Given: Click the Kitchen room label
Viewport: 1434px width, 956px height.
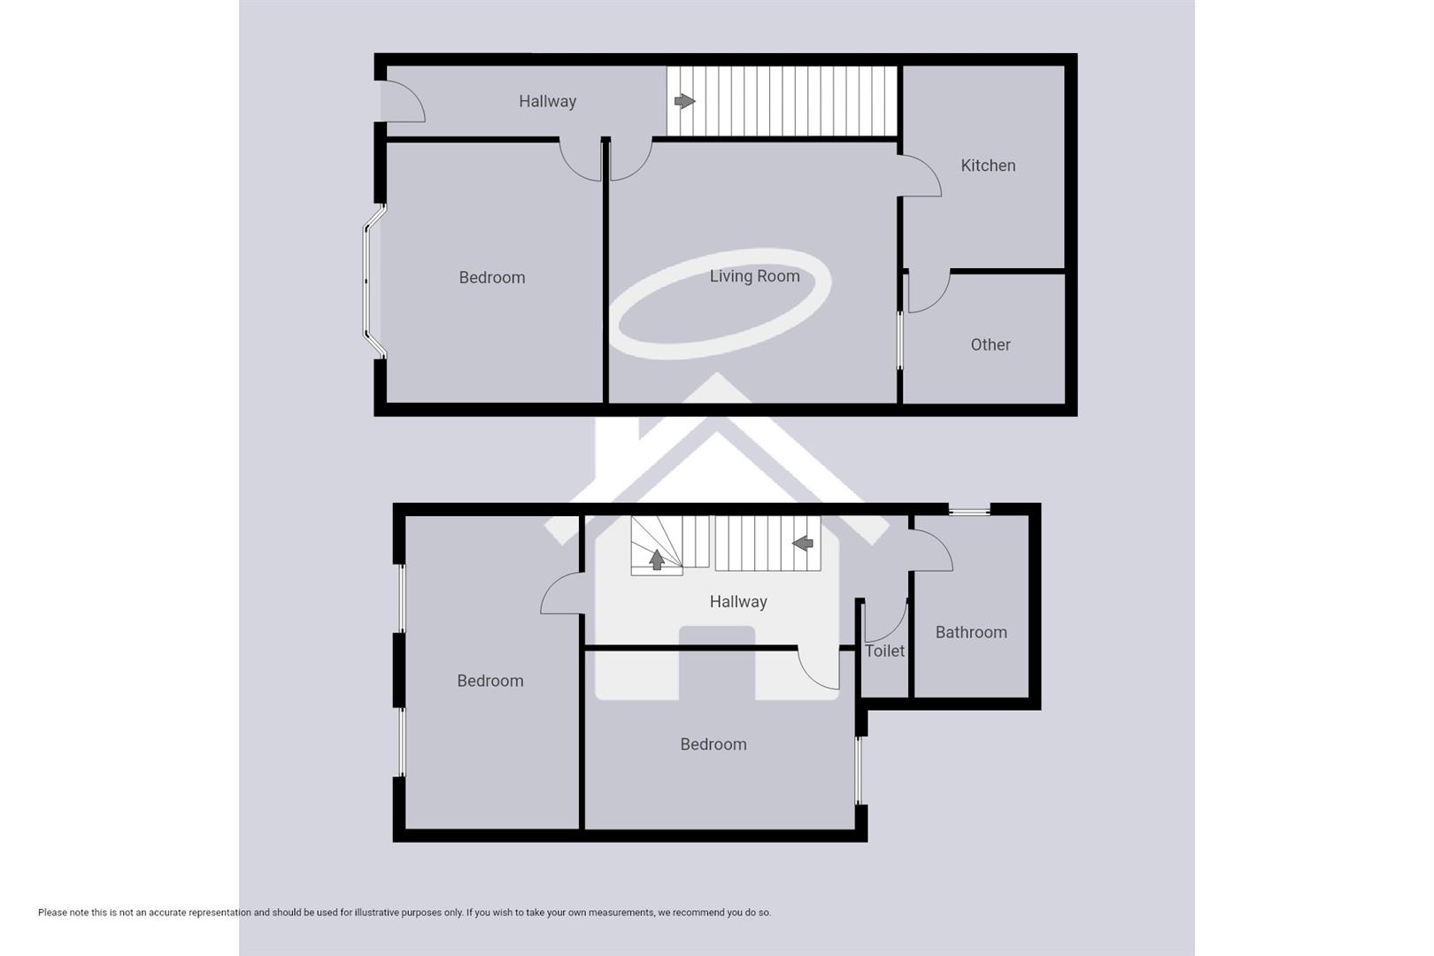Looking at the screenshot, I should pos(988,166).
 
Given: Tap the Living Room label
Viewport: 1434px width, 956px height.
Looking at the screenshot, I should pos(754,276).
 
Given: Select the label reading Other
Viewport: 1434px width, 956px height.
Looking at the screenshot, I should pos(990,345).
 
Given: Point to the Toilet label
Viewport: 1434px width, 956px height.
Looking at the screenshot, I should pos(884,651).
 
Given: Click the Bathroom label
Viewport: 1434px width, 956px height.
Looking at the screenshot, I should pos(971,632).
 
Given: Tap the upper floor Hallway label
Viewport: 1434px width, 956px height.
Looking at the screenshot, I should pos(738,602).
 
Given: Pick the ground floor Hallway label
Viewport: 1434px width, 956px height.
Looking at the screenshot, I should pos(547,102).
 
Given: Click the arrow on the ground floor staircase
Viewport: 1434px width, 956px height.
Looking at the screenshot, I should pos(684,102).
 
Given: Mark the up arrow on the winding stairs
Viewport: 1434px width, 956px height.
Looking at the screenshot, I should pos(657,559).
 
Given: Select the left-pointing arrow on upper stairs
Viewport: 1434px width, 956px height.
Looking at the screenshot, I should pos(803,543).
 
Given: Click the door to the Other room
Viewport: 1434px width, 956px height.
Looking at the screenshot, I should pos(927,291).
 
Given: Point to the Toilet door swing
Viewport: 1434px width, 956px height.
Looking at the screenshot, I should pos(885,621).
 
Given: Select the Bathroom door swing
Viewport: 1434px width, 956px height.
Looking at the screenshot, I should pos(932,550).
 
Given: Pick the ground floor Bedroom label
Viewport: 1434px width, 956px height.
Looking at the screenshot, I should pos(491,278).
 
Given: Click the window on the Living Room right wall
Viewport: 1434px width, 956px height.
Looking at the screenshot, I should pos(900,340).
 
